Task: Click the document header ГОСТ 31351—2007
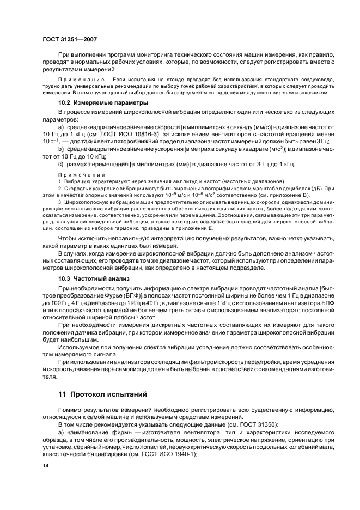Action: pos(69,39)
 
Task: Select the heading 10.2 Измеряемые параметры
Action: pos(103,102)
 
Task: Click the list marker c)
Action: pos(62,164)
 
